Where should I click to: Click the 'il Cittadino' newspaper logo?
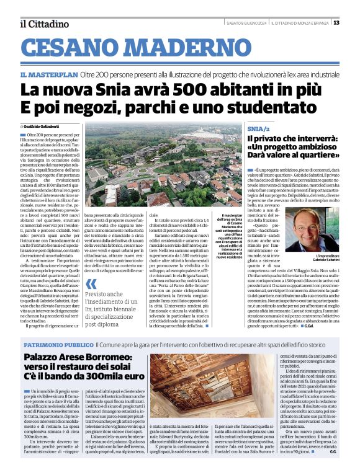(44, 24)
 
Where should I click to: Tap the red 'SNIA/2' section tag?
(256, 127)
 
